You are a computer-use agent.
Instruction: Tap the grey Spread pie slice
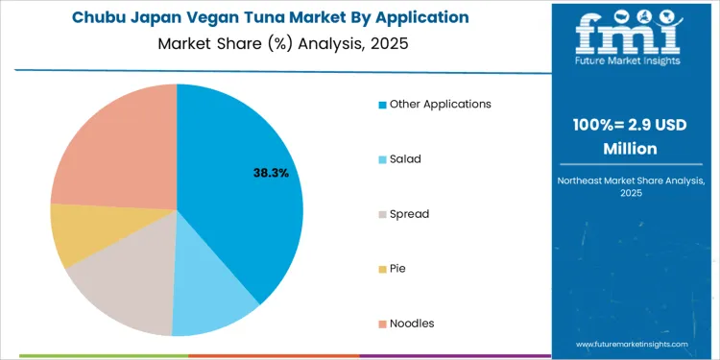click(125, 283)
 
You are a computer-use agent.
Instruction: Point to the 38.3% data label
click(270, 173)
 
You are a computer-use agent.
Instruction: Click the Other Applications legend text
click(440, 104)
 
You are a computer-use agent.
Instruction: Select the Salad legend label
click(405, 158)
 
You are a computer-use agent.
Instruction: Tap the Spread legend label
click(409, 213)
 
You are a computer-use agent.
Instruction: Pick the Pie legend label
click(397, 268)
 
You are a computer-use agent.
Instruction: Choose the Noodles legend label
click(412, 323)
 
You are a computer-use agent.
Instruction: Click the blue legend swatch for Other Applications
click(383, 104)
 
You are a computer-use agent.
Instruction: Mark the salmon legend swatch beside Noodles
click(383, 324)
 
